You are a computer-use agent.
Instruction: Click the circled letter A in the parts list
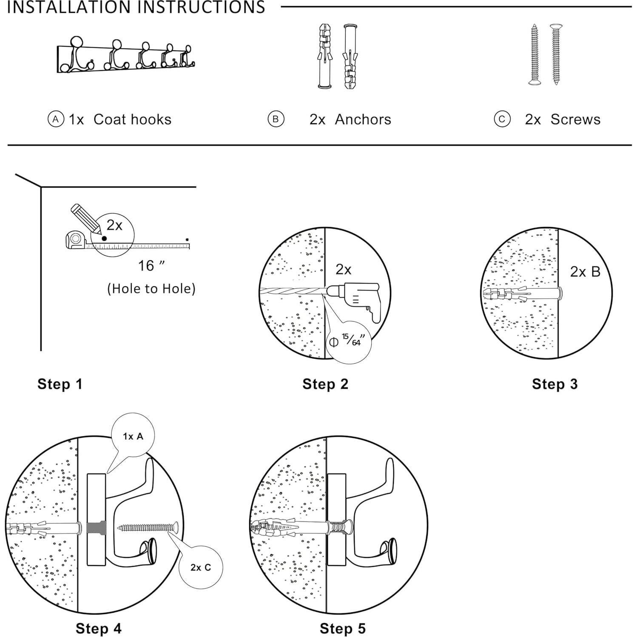(x=56, y=119)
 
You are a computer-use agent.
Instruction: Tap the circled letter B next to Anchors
(x=276, y=119)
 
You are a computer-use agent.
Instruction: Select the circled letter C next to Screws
(x=502, y=119)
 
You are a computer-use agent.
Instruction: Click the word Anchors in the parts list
(x=363, y=119)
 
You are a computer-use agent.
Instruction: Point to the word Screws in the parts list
(x=575, y=119)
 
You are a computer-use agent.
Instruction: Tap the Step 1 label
(x=60, y=384)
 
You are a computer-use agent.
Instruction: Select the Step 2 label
(x=325, y=384)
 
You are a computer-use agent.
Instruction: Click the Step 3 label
(x=555, y=384)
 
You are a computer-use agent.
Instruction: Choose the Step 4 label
(x=99, y=628)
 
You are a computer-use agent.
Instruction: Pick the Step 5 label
(x=343, y=628)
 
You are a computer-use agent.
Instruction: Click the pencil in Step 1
(x=86, y=219)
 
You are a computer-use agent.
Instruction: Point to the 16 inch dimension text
(x=151, y=266)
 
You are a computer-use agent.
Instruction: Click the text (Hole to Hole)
(x=151, y=289)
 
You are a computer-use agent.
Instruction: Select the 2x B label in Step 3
(x=585, y=272)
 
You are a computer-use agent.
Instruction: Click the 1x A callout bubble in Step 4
(x=133, y=435)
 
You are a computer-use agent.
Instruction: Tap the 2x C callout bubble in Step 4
(x=201, y=567)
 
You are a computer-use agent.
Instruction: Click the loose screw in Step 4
(x=147, y=528)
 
